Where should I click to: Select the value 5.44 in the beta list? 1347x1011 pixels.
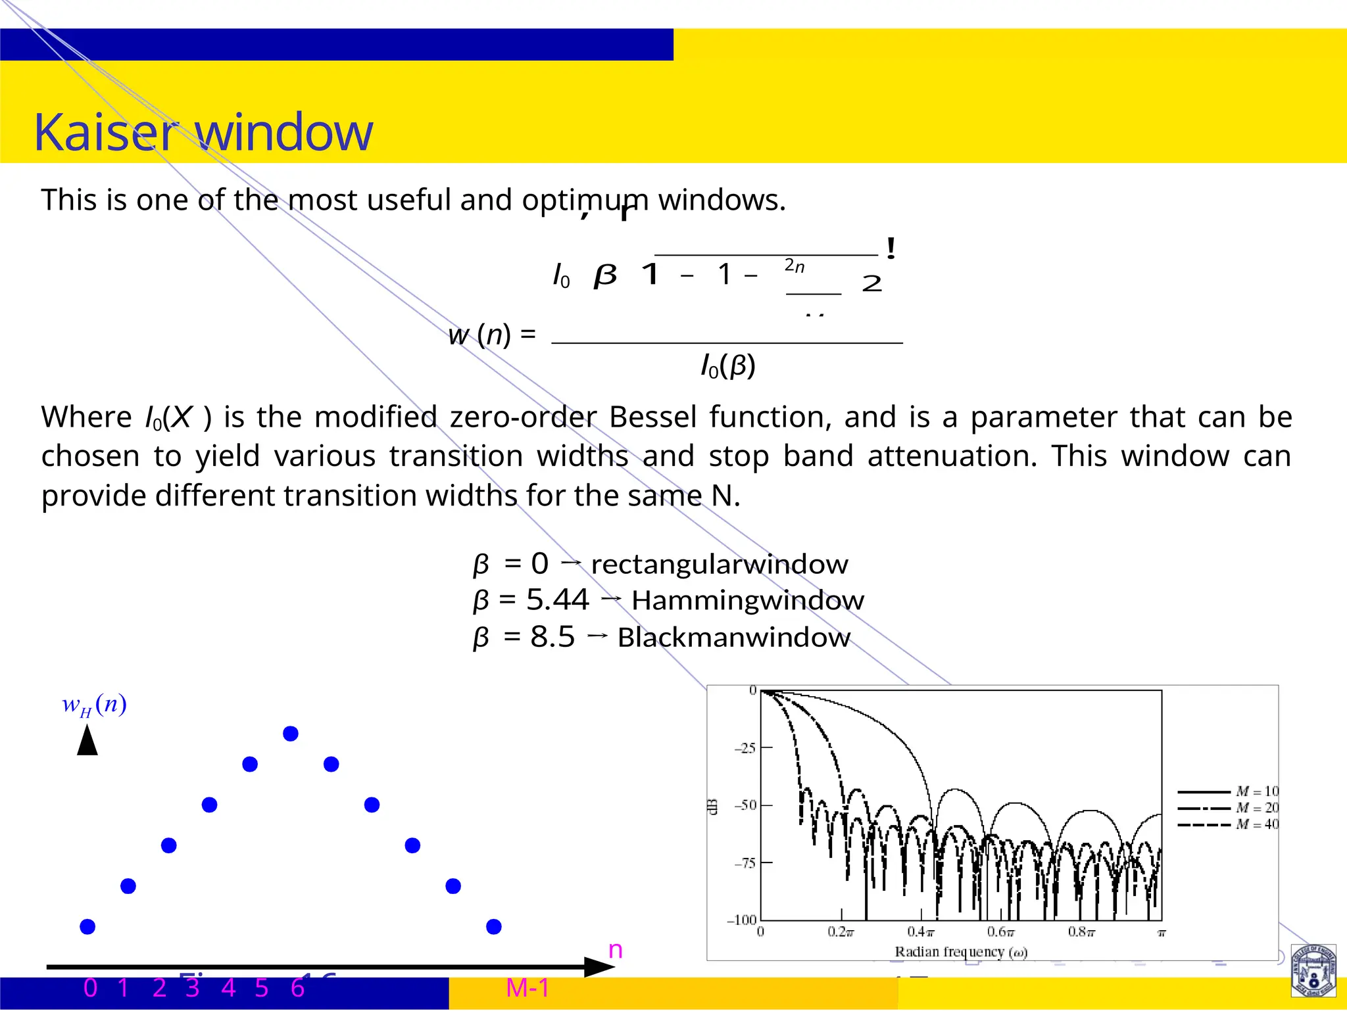pyautogui.click(x=557, y=600)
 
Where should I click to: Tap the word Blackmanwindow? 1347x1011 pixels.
pyautogui.click(x=733, y=638)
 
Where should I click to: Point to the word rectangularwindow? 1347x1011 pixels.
pyautogui.click(x=720, y=565)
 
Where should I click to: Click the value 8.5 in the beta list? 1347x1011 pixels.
pyautogui.click(x=552, y=637)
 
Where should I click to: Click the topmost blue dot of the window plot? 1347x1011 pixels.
pyautogui.click(x=291, y=734)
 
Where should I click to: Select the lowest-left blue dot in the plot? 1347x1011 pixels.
pyautogui.click(x=87, y=927)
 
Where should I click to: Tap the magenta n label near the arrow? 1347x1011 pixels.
pyautogui.click(x=615, y=950)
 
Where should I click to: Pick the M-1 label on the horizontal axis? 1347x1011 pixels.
pyautogui.click(x=527, y=988)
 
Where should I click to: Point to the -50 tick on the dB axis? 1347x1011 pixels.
pyautogui.click(x=746, y=805)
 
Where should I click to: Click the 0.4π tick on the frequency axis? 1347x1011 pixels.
pyautogui.click(x=920, y=932)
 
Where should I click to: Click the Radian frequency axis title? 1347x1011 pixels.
pyautogui.click(x=960, y=952)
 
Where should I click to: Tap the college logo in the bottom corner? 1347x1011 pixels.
pyautogui.click(x=1313, y=971)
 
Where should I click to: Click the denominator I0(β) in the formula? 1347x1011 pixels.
pyautogui.click(x=727, y=366)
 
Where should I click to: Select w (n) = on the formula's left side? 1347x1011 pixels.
pyautogui.click(x=491, y=335)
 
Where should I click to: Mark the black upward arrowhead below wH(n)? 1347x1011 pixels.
pyautogui.click(x=87, y=740)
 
